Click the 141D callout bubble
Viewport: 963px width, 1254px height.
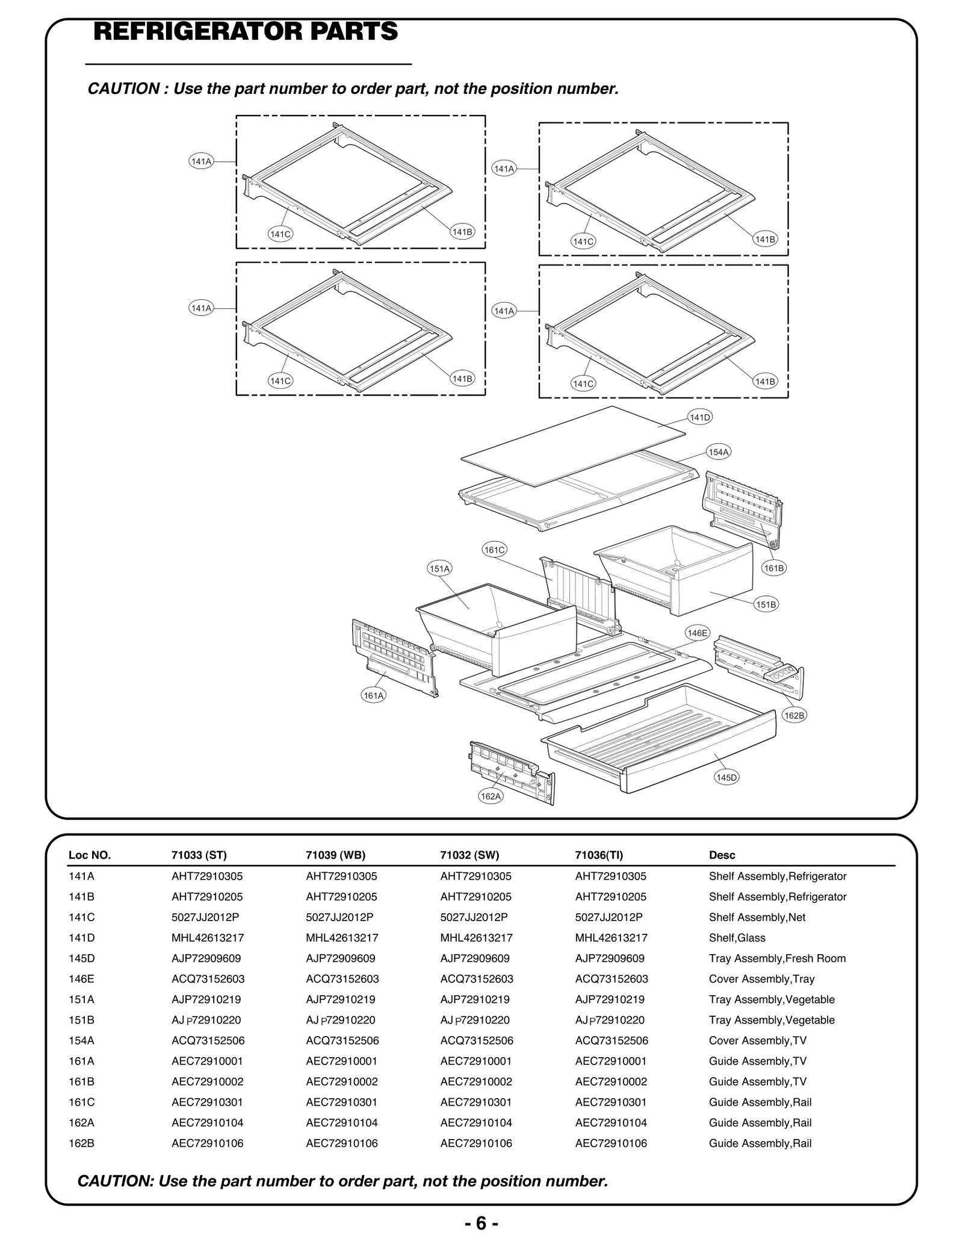pyautogui.click(x=700, y=417)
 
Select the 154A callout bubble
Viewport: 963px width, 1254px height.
pyautogui.click(x=719, y=452)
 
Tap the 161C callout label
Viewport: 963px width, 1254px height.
pyautogui.click(x=494, y=550)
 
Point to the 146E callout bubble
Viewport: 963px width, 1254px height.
pyautogui.click(x=698, y=633)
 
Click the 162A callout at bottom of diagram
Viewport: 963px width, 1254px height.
pyautogui.click(x=491, y=796)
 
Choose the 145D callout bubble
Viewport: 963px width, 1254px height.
pyautogui.click(x=726, y=777)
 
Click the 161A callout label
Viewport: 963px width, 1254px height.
pyautogui.click(x=373, y=695)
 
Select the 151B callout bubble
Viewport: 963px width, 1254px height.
pyautogui.click(x=766, y=604)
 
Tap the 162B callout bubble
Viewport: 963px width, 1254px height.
pyautogui.click(x=794, y=715)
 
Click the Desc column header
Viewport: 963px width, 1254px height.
pyautogui.click(x=722, y=855)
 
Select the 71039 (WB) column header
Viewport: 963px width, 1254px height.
pyautogui.click(x=335, y=855)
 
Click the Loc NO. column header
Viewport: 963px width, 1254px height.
pyautogui.click(x=90, y=855)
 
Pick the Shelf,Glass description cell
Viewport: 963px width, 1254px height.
pyautogui.click(x=737, y=937)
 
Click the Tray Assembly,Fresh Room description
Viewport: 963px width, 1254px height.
pyautogui.click(x=777, y=958)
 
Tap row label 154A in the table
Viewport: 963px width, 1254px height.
pyautogui.click(x=81, y=1040)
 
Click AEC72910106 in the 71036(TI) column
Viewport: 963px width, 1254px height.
pyautogui.click(x=611, y=1143)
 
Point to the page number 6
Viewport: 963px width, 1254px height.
pyautogui.click(x=481, y=1223)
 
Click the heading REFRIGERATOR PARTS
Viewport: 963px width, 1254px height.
pyautogui.click(x=246, y=31)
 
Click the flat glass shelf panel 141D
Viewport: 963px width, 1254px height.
pyautogui.click(x=572, y=445)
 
